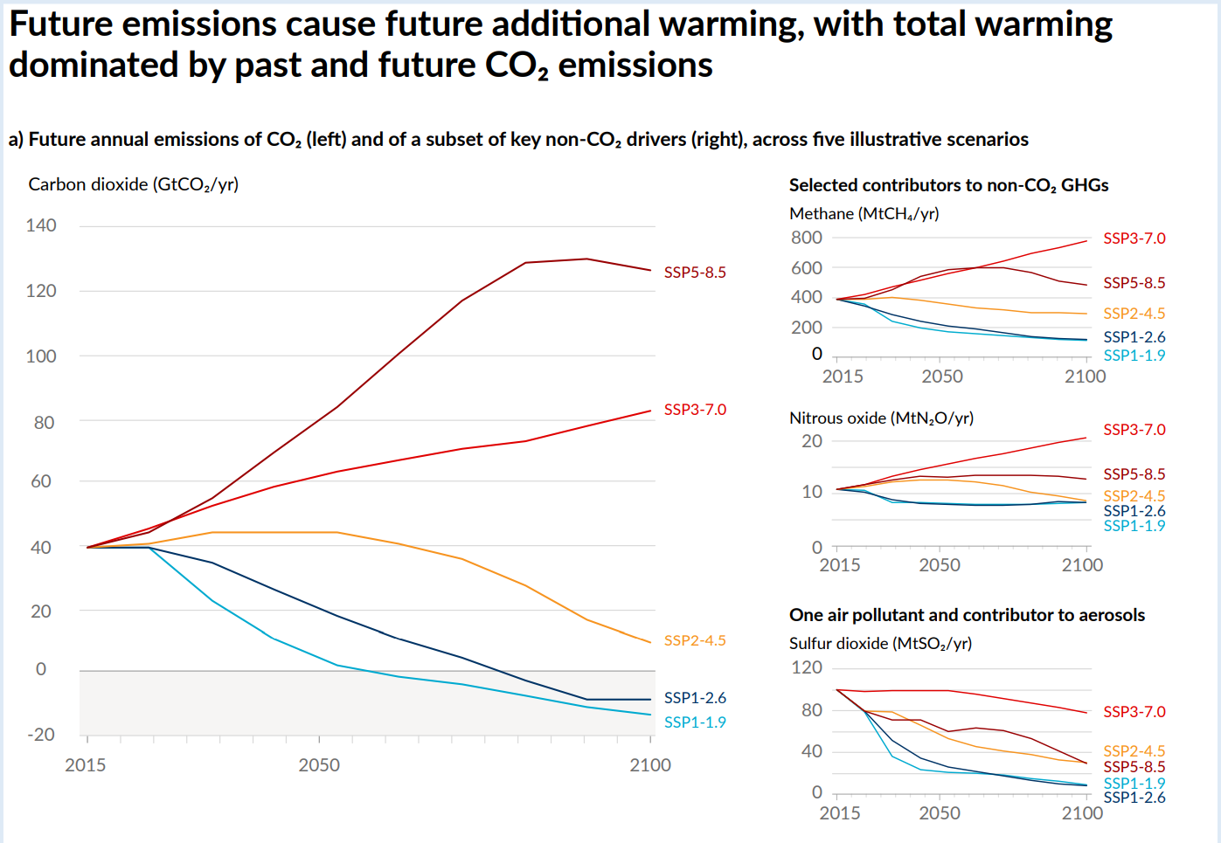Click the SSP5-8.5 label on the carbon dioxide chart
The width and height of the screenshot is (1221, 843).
coord(695,273)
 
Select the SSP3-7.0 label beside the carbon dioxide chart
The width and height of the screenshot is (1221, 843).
coord(695,410)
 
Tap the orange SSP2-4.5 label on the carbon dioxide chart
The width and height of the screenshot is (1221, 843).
coord(695,640)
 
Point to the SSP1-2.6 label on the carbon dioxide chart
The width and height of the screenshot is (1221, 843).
coord(695,698)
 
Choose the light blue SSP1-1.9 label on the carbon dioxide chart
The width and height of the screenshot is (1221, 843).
coord(695,722)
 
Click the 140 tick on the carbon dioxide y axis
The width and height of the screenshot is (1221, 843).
coord(41,225)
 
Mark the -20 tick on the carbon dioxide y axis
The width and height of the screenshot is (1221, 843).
coord(41,735)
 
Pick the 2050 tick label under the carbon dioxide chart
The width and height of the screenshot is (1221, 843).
coord(319,765)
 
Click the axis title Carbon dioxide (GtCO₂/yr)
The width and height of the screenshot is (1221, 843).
coord(134,184)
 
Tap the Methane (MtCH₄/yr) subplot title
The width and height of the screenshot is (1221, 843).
coord(864,214)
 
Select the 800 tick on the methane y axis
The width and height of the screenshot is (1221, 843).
coord(807,238)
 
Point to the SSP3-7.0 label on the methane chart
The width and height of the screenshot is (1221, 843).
coord(1134,238)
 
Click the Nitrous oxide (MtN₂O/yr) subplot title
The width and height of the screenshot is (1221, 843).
coord(881,418)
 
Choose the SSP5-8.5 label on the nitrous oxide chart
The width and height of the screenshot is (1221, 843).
coord(1134,474)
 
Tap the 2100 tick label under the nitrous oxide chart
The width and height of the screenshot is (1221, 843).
coord(1082,565)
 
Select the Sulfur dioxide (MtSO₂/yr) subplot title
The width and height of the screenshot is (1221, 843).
coord(880,644)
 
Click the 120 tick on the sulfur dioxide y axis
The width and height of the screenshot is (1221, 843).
coord(807,667)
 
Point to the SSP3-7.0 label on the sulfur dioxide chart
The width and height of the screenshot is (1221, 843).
coord(1134,712)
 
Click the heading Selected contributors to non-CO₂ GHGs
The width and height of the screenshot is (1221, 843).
coord(948,185)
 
